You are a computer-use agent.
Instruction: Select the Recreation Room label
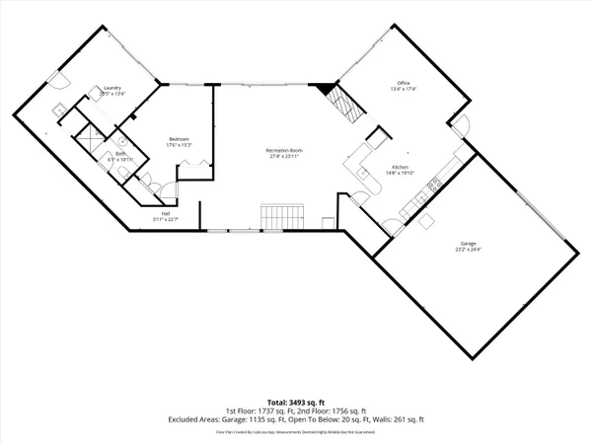pyautogui.click(x=282, y=150)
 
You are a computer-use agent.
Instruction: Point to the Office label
pyautogui.click(x=403, y=82)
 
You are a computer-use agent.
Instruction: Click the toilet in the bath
pyautogui.click(x=120, y=174)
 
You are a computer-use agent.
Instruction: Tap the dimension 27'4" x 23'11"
pyautogui.click(x=282, y=157)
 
